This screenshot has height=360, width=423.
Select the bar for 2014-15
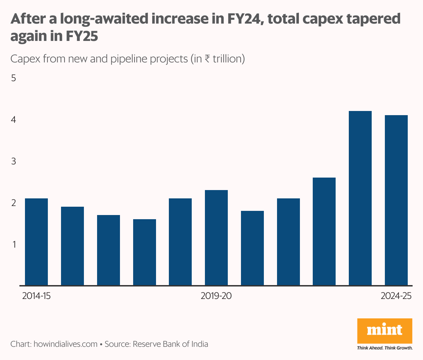pos(36,242)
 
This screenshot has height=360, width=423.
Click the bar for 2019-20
pos(216,238)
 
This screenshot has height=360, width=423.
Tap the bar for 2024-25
pos(396,200)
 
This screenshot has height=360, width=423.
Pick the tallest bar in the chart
pos(360,198)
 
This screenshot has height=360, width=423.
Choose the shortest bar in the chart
pos(145,252)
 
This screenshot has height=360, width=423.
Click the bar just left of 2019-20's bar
pos(180,242)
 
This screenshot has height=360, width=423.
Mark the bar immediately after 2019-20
pos(252,248)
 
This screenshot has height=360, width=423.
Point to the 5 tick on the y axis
pos(14,78)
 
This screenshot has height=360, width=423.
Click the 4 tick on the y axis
pos(14,120)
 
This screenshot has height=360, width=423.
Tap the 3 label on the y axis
pos(14,161)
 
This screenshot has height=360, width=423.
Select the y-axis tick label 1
pos(14,245)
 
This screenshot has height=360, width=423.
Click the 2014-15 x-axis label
pos(36,296)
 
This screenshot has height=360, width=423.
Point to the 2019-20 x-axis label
pos(216,296)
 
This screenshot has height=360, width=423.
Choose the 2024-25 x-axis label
pos(396,296)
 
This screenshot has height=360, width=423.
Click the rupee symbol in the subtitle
pos(207,59)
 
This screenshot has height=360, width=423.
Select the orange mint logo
pos(385,331)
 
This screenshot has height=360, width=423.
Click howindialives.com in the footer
pos(65,344)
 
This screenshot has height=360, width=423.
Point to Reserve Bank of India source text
pos(170,344)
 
